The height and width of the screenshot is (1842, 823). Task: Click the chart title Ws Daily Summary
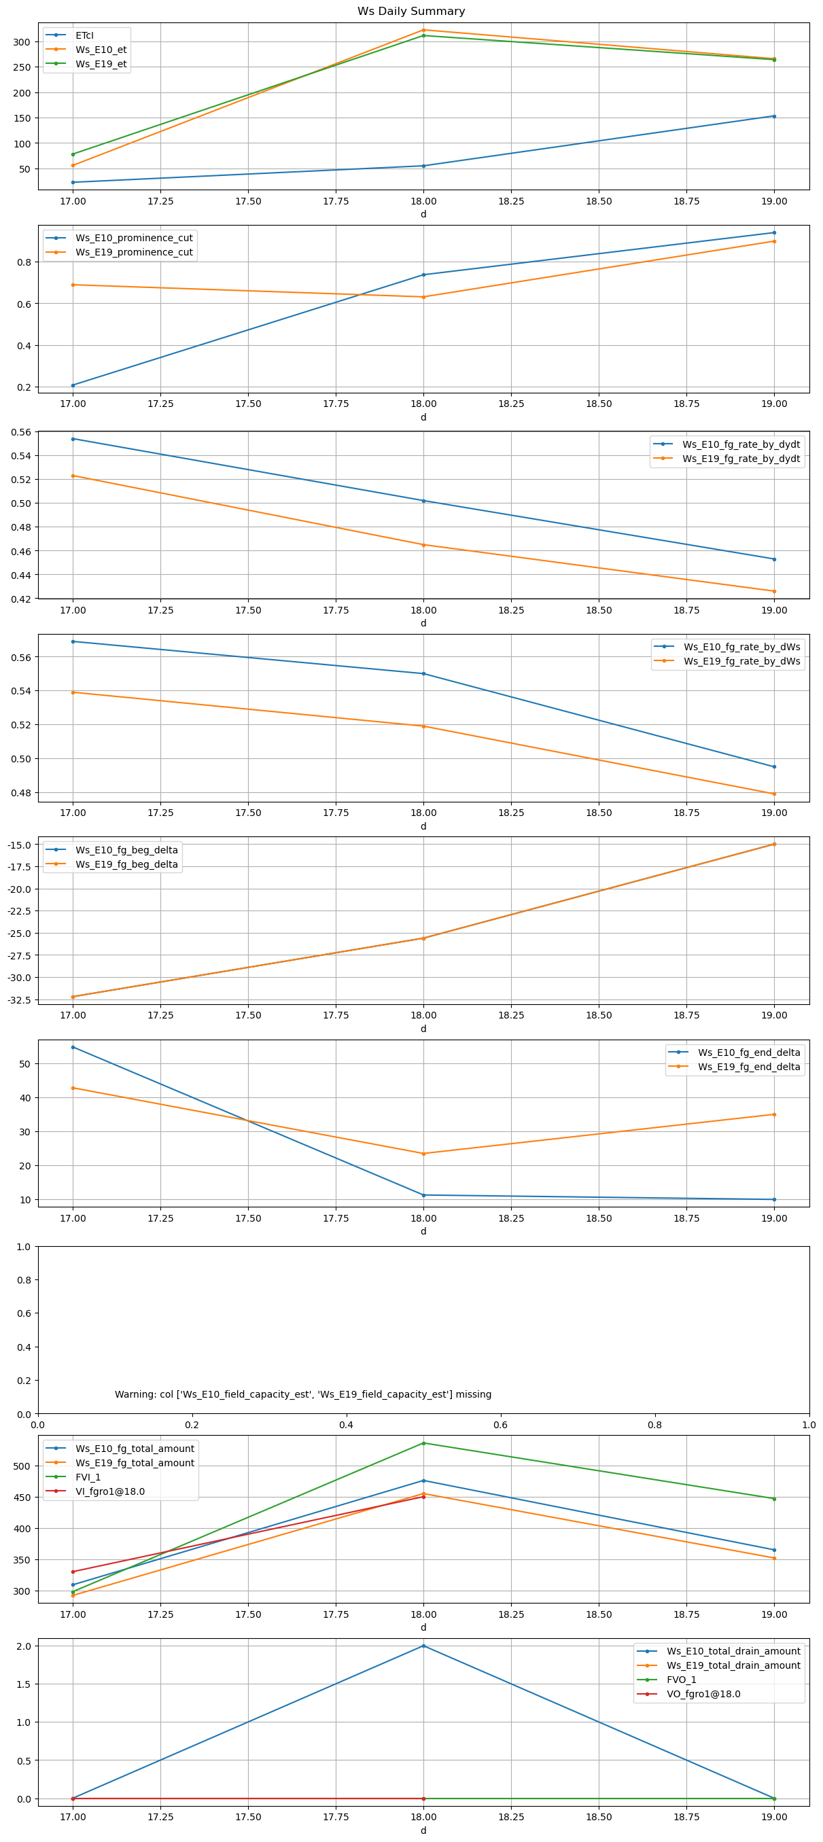411,12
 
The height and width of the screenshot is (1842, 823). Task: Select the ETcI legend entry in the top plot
84,35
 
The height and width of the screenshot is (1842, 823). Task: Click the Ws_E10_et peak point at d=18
423,30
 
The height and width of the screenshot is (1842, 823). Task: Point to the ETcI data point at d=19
773,116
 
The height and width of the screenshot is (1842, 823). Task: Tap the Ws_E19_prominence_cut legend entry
134,252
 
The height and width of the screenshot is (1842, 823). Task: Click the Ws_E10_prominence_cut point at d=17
73,385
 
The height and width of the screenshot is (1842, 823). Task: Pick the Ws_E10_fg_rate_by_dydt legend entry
741,444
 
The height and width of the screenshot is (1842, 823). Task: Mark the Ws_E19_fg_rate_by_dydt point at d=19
773,591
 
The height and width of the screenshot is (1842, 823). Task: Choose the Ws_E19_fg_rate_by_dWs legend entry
741,661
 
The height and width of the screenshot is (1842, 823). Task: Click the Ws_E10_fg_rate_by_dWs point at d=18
423,673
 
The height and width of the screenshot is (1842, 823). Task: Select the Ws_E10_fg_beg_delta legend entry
126,850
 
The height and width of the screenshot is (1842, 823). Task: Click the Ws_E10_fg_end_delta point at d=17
73,1047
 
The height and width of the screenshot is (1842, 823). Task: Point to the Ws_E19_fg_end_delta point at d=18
423,1154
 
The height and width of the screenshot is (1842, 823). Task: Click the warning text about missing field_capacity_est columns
303,1394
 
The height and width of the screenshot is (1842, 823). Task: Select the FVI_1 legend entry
88,1477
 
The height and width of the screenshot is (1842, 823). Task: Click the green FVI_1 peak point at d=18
423,1443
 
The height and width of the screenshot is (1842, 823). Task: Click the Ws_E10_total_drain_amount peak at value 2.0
423,1646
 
